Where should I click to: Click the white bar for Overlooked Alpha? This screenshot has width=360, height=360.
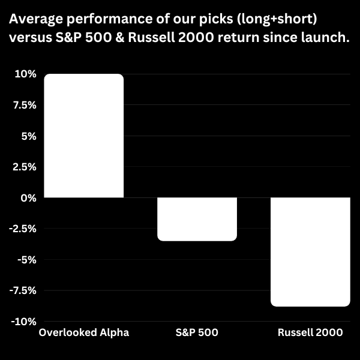pos(83,136)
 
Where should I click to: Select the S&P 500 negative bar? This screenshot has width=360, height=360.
pos(197,219)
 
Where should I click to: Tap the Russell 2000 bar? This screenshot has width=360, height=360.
pos(310,252)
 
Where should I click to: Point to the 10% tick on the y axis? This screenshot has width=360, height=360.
pos(26,74)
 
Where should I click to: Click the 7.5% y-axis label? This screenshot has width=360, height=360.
pos(25,105)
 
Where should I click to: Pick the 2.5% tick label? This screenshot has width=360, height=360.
pos(25,167)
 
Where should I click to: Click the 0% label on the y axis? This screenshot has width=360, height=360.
pos(29,198)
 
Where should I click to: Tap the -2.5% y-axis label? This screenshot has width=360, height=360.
pos(23,229)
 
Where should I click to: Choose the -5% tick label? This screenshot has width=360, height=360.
pos(27,260)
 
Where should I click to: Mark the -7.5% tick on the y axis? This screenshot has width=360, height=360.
pos(23,290)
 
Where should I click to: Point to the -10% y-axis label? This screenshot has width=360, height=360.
pos(24,322)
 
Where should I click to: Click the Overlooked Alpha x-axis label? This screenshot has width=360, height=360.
pos(83,332)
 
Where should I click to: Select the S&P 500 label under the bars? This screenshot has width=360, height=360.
pos(197,332)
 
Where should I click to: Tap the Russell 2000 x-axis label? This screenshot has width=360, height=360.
pos(310,332)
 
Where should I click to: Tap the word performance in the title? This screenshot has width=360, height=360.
pos(103,20)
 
